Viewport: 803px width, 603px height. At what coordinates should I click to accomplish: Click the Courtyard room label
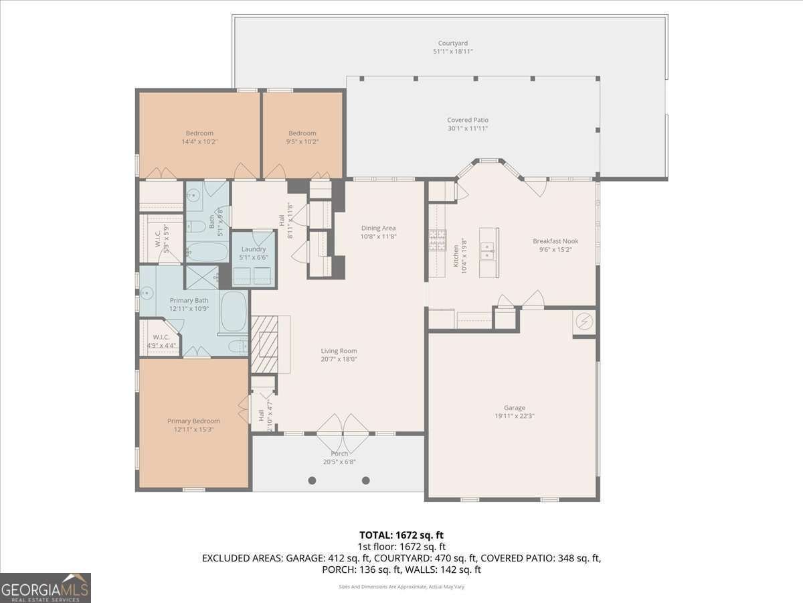point(448,43)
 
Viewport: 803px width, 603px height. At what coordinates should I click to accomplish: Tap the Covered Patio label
point(468,120)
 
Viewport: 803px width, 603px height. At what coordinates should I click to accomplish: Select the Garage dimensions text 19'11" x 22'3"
point(514,416)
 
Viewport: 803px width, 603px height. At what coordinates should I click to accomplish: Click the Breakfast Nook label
point(555,241)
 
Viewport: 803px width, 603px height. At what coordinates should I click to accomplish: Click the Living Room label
point(339,350)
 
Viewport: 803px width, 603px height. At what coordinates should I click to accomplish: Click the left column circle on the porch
point(312,480)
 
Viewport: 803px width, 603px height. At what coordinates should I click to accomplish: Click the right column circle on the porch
point(366,480)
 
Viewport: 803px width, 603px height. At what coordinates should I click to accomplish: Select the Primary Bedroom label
point(193,421)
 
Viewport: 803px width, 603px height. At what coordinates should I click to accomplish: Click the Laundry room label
point(254,249)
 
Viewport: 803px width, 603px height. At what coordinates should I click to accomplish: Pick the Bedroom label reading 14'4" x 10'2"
point(199,133)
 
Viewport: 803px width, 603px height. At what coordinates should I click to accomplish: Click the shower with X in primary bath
point(201,277)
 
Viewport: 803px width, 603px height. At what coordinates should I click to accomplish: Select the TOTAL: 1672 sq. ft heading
point(401,535)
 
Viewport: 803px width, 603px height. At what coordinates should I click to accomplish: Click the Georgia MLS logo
point(46,588)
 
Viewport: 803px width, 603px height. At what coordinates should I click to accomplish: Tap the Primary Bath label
point(189,300)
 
